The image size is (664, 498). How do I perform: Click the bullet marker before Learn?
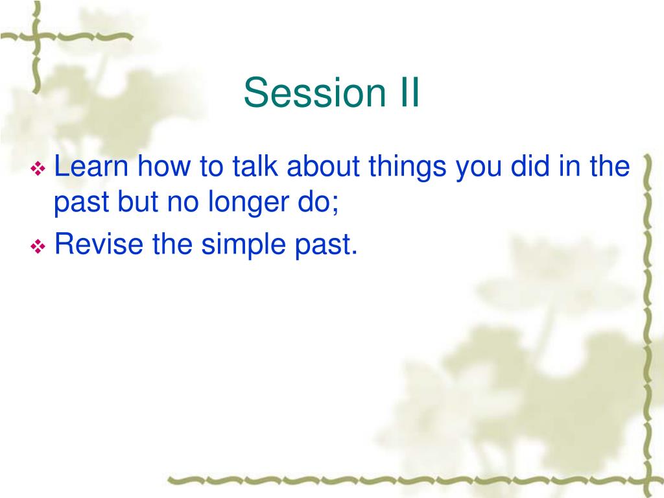tap(38, 169)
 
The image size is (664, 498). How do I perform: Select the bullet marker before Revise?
tap(38, 246)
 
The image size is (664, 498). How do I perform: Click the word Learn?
tap(91, 166)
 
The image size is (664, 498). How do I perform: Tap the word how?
tap(163, 166)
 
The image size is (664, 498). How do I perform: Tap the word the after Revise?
tap(172, 244)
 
